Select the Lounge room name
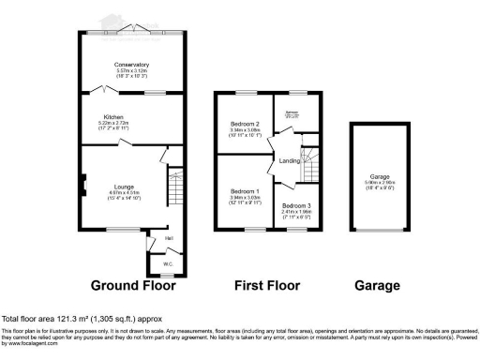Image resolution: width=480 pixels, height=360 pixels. coord(125,187)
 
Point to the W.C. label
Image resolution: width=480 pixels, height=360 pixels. coord(168,264)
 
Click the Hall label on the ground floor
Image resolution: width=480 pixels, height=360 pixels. coord(170,238)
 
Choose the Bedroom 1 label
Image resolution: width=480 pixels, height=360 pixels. coord(244,191)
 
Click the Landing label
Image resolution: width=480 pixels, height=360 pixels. coord(290,162)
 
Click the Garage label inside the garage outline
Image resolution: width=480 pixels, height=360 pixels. coord(379,175)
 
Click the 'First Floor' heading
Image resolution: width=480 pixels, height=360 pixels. coord(267,286)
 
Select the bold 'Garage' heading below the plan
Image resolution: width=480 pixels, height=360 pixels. coord(378,286)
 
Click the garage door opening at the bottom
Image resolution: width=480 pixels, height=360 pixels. coord(379,232)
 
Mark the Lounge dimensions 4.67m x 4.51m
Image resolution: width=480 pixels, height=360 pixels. coord(125,193)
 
